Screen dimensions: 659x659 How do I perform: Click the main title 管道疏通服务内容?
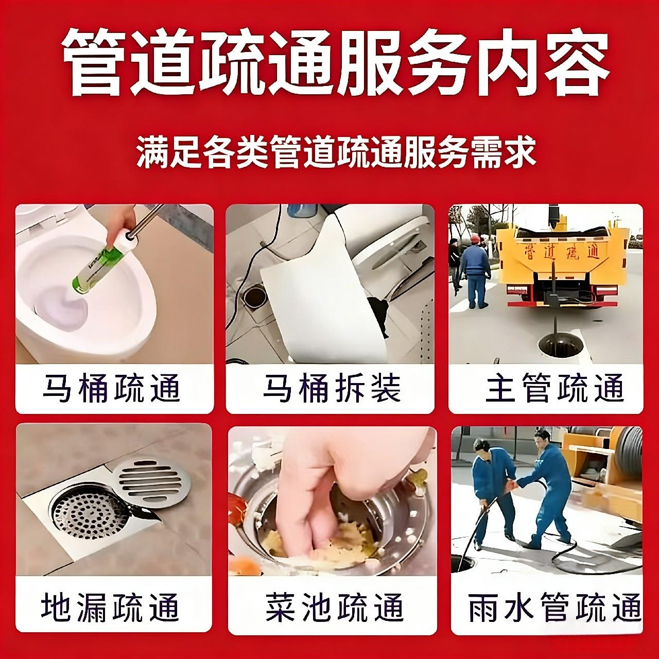(x=335, y=63)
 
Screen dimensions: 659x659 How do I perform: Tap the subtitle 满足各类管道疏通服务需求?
(x=336, y=151)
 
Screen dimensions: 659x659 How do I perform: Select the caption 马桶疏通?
(x=112, y=388)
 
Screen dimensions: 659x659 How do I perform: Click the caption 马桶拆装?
(x=332, y=388)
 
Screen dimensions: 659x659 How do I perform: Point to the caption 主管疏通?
(x=554, y=388)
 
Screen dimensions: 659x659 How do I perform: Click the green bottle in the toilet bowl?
(x=96, y=263)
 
